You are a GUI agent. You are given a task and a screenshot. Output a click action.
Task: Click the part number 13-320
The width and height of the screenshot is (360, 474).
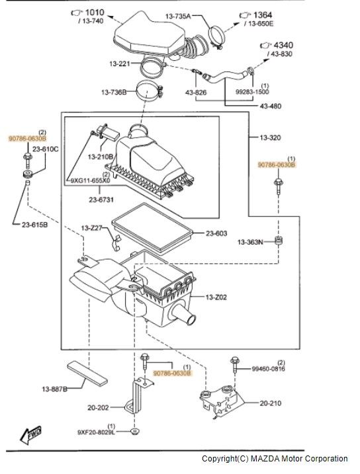tap(270, 138)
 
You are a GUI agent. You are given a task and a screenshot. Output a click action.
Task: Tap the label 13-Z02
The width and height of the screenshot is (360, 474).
tap(216, 297)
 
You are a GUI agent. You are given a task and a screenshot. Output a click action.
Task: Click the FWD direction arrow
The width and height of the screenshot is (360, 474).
tap(30, 435)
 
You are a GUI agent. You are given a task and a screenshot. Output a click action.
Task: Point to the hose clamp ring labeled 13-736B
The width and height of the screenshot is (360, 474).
tap(148, 91)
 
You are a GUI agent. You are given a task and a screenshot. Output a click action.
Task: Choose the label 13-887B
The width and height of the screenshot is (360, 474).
tap(54, 389)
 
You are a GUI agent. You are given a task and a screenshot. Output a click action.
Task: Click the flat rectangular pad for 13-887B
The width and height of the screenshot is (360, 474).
tap(87, 374)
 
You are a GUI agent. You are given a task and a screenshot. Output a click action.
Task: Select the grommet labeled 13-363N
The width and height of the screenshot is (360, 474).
tap(279, 241)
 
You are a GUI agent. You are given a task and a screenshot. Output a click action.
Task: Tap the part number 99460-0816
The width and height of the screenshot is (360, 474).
tap(268, 369)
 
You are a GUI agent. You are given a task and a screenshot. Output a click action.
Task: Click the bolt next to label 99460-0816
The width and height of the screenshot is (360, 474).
tap(235, 364)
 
